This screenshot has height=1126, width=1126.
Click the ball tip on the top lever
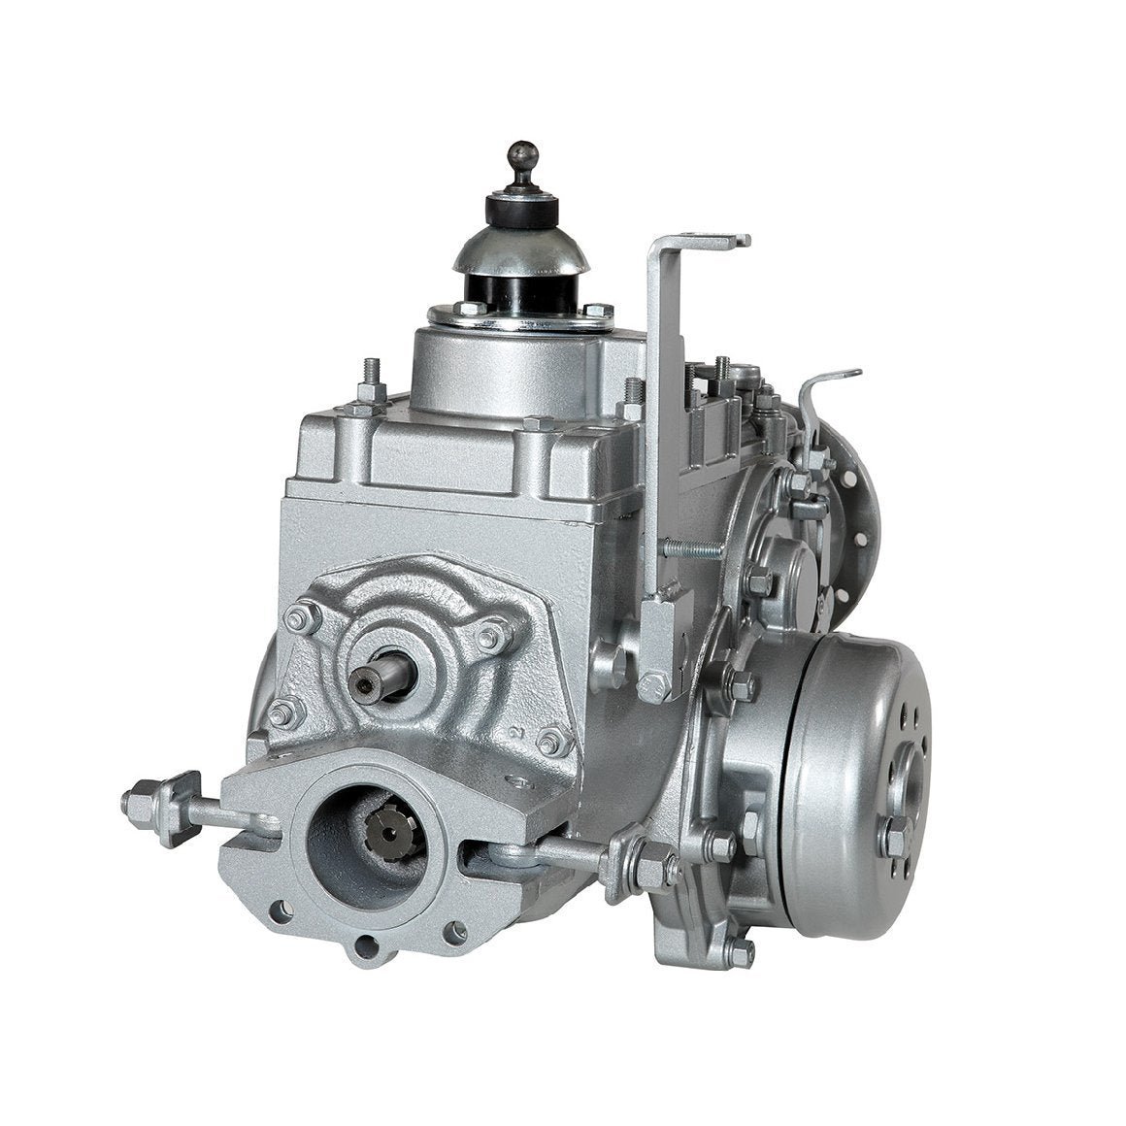click(521, 153)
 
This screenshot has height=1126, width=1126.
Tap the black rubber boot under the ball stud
click(523, 209)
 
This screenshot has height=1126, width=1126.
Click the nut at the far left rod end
click(138, 803)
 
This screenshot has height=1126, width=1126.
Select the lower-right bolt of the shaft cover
click(552, 743)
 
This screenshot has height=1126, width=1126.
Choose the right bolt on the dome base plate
click(598, 312)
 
